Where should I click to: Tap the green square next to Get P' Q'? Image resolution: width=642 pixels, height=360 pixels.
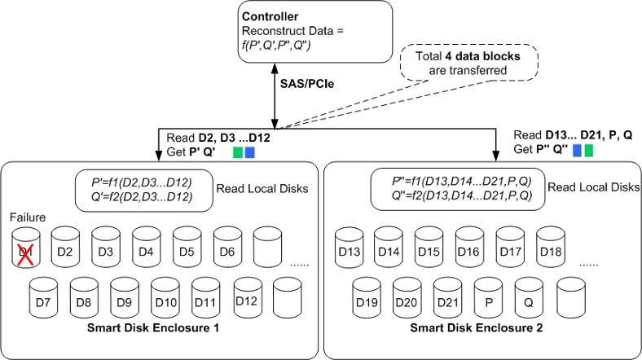tap(238, 152)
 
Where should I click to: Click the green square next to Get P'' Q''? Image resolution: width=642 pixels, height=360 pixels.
tap(589, 151)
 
